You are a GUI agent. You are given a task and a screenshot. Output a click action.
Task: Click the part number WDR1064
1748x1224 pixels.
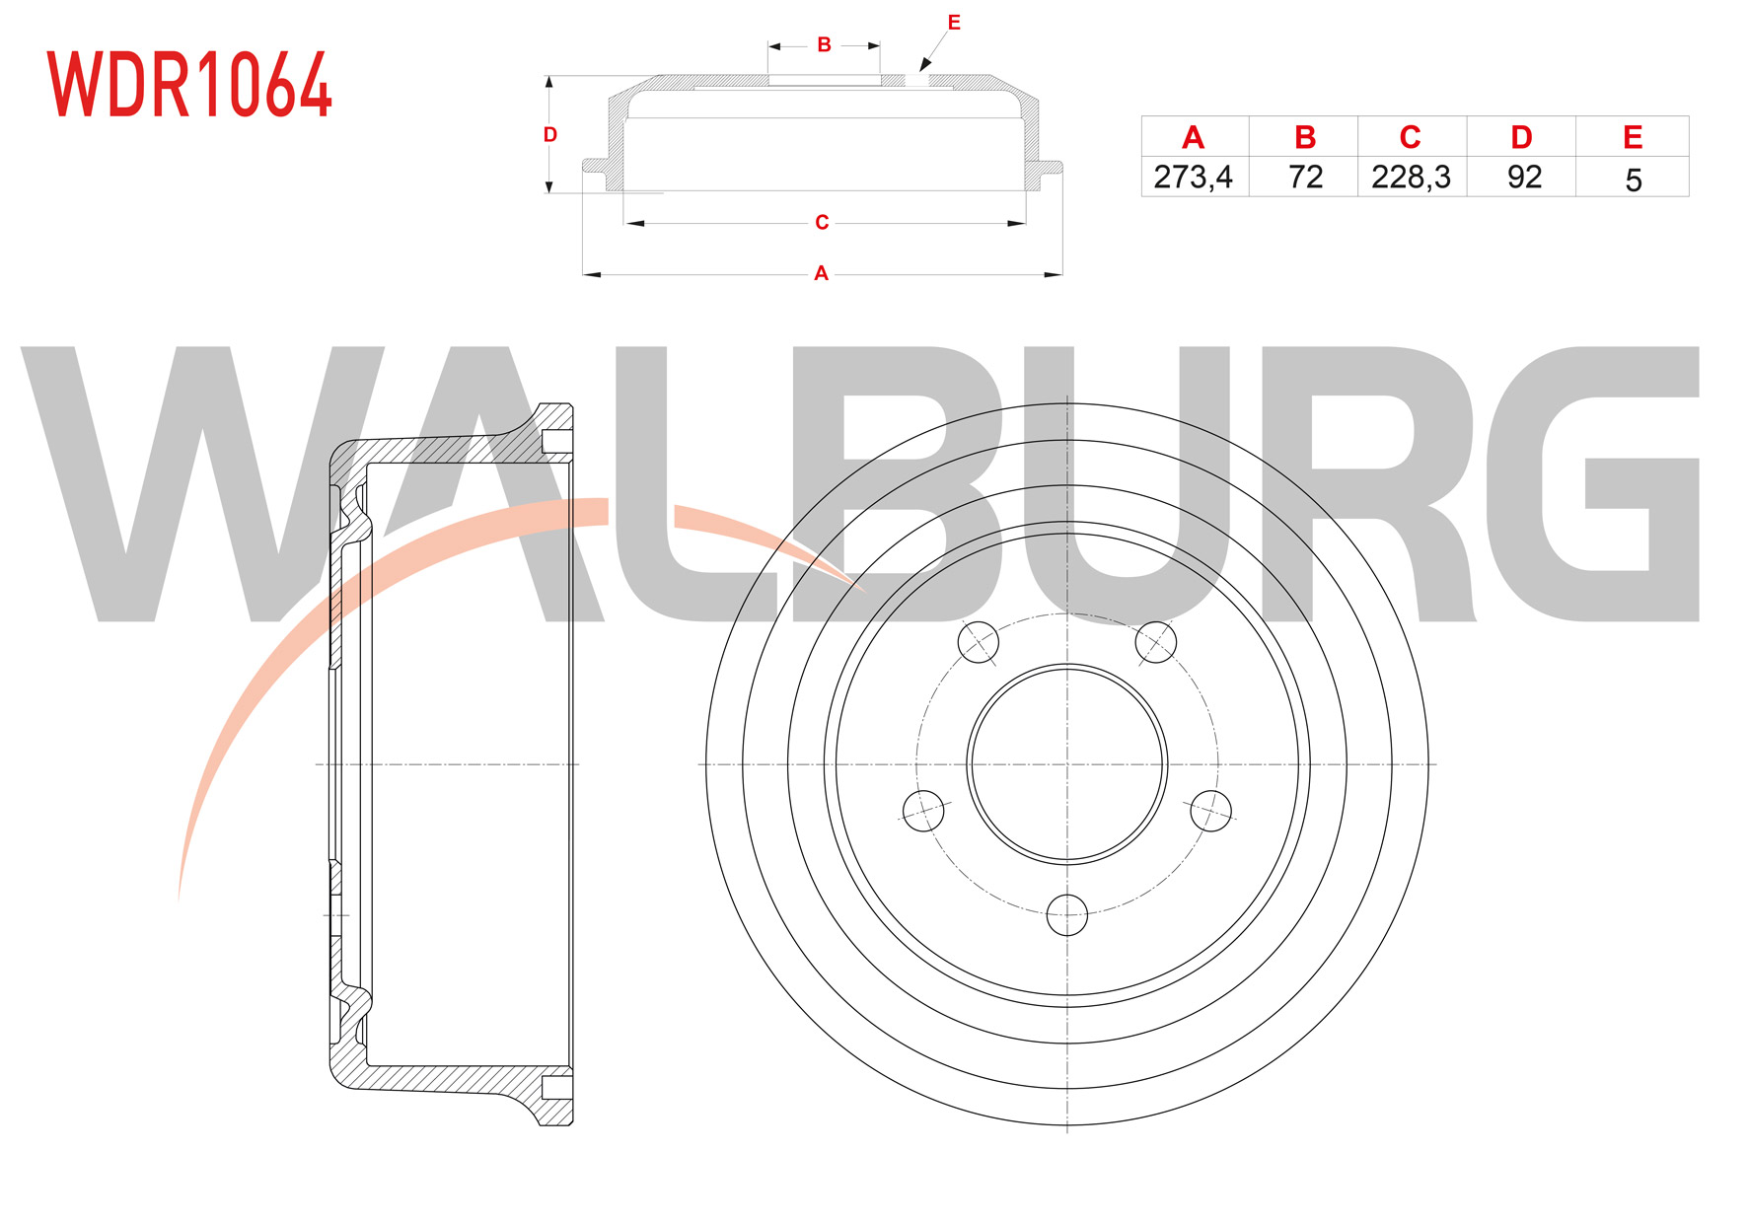[x=189, y=85]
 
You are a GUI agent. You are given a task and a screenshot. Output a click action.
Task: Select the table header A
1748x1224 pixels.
[x=1193, y=138]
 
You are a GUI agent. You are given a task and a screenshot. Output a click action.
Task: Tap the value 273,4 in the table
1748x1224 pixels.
[x=1193, y=177]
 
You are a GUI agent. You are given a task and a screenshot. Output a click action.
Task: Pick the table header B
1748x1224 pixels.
[x=1304, y=138]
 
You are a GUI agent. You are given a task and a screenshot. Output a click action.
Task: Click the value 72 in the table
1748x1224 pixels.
[x=1305, y=177]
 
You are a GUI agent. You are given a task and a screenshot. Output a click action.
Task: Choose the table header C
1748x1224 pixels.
[x=1411, y=138]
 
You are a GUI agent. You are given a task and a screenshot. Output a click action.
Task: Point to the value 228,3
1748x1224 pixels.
[x=1411, y=177]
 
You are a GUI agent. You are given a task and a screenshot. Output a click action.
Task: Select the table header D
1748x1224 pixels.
[x=1522, y=138]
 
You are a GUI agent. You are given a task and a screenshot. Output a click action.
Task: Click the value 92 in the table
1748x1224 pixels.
[x=1524, y=177]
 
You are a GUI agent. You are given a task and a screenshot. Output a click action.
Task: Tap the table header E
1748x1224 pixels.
[x=1633, y=138]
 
